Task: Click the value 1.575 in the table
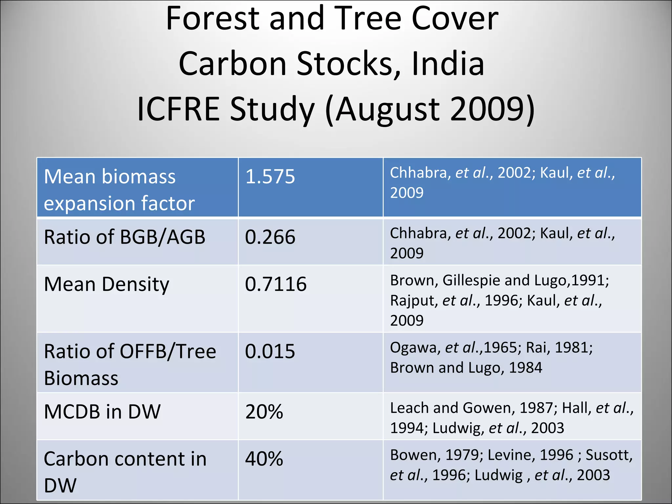pyautogui.click(x=270, y=177)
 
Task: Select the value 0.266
pyautogui.click(x=270, y=237)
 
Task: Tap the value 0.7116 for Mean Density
pyautogui.click(x=276, y=284)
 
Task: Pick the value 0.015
pyautogui.click(x=270, y=351)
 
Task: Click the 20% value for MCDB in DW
pyautogui.click(x=264, y=412)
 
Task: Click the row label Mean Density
pyautogui.click(x=107, y=284)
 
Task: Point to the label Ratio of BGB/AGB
pyautogui.click(x=125, y=237)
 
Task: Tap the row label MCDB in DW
pyautogui.click(x=102, y=412)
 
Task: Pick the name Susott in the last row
pyautogui.click(x=609, y=455)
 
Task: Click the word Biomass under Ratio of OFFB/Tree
pyautogui.click(x=81, y=378)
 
